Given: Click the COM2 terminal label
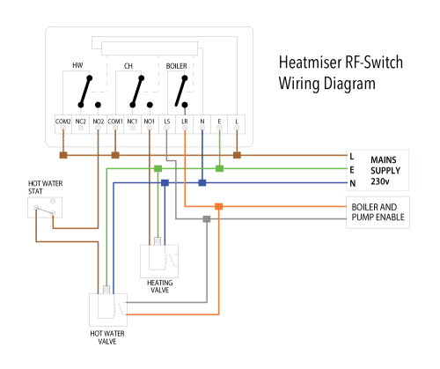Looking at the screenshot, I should (62, 121).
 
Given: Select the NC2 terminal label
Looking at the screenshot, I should (80, 121).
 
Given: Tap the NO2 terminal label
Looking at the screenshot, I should (98, 121).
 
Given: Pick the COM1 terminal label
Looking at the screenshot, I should (115, 121).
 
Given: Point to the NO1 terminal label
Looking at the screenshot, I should (150, 121).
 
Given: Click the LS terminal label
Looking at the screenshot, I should (167, 121).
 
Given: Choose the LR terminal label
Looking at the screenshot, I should (185, 121).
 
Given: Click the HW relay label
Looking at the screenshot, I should (77, 66).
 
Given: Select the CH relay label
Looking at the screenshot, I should (128, 66).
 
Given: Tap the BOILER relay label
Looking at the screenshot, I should (177, 66).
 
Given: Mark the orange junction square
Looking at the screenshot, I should (219, 207).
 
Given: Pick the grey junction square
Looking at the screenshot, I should (206, 218).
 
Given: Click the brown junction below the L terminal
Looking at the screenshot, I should (237, 156).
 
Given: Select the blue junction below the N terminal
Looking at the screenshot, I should (202, 183).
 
